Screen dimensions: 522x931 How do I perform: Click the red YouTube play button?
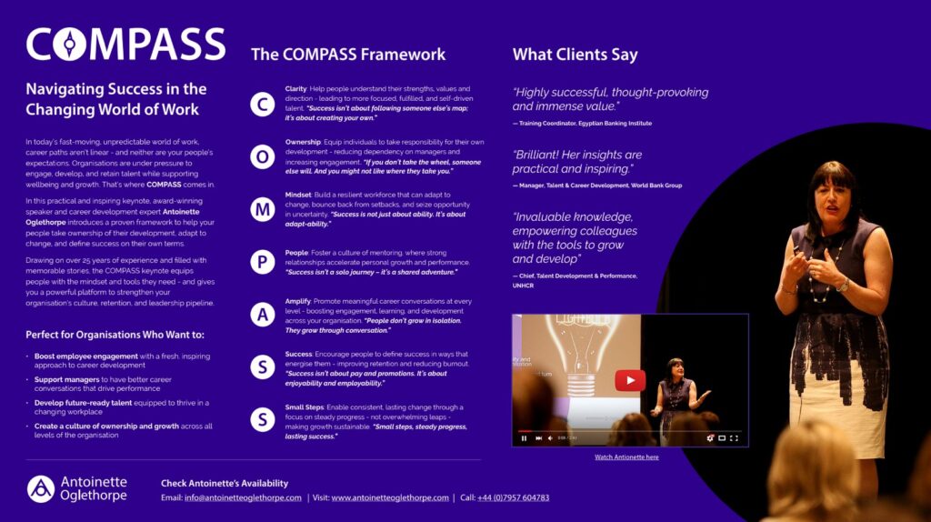click(629, 380)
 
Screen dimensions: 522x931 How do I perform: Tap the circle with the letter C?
click(263, 105)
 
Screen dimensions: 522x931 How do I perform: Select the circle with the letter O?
click(263, 157)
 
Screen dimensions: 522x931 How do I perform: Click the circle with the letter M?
click(263, 210)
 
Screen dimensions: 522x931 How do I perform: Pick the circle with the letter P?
click(263, 263)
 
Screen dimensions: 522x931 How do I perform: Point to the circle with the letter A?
click(263, 315)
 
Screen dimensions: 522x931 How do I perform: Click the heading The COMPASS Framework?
click(348, 55)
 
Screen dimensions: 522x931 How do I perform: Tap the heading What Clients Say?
click(575, 55)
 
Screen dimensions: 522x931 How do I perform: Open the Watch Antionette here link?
click(626, 457)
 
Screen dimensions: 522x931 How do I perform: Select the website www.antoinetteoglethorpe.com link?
click(390, 497)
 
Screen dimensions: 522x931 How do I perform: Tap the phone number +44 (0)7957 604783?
click(513, 497)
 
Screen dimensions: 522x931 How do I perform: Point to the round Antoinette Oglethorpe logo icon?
click(40, 488)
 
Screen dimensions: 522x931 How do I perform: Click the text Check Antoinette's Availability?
click(225, 483)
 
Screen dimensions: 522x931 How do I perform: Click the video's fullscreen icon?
click(734, 438)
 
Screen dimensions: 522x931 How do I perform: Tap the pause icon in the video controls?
click(524, 438)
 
